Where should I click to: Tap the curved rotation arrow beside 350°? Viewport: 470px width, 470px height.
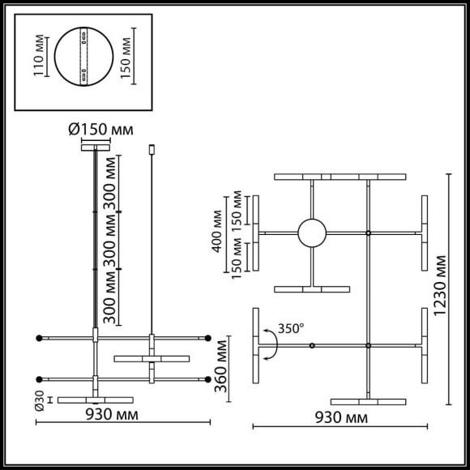click(x=273, y=347)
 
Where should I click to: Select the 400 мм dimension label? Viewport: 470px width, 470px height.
click(x=218, y=235)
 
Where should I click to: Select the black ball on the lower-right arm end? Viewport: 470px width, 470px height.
click(x=208, y=378)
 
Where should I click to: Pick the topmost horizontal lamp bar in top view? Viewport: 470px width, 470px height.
click(x=340, y=176)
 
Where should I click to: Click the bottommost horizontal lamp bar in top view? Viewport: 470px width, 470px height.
click(x=369, y=401)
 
